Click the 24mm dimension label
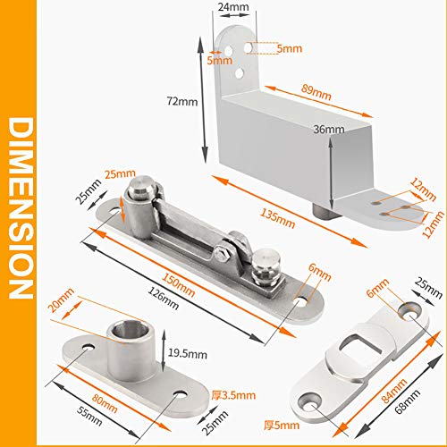pyautogui.click(x=232, y=7)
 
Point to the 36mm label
pyautogui.click(x=328, y=130)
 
